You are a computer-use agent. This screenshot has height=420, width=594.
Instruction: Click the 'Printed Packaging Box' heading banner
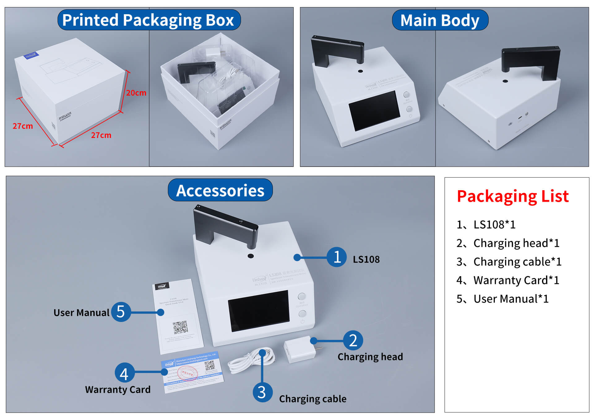click(x=149, y=20)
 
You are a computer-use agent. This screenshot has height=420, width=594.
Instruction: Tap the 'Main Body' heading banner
click(x=440, y=20)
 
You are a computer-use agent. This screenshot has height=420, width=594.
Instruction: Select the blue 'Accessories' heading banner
click(x=220, y=190)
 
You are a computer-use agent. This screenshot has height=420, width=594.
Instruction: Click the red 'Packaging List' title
click(x=513, y=196)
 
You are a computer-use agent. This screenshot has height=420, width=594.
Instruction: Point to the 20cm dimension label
click(x=136, y=93)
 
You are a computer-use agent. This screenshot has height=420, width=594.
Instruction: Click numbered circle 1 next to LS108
click(x=337, y=257)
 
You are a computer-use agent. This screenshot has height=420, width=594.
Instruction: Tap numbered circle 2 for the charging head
click(x=353, y=340)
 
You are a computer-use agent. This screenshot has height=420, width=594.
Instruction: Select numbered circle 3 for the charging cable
click(x=262, y=392)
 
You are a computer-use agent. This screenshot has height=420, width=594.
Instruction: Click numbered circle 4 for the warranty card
click(x=124, y=373)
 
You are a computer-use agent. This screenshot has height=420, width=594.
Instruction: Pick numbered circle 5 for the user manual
click(x=121, y=312)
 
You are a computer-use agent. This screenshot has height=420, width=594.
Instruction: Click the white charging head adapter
click(x=300, y=349)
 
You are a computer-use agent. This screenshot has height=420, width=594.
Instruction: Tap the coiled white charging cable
click(x=251, y=360)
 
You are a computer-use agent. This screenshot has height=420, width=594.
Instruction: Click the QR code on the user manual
click(x=180, y=328)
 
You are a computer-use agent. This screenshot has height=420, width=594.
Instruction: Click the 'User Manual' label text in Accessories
click(x=81, y=313)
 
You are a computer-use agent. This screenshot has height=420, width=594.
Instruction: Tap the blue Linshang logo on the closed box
click(x=31, y=55)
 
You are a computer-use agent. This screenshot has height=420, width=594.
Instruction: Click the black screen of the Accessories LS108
click(x=259, y=311)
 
